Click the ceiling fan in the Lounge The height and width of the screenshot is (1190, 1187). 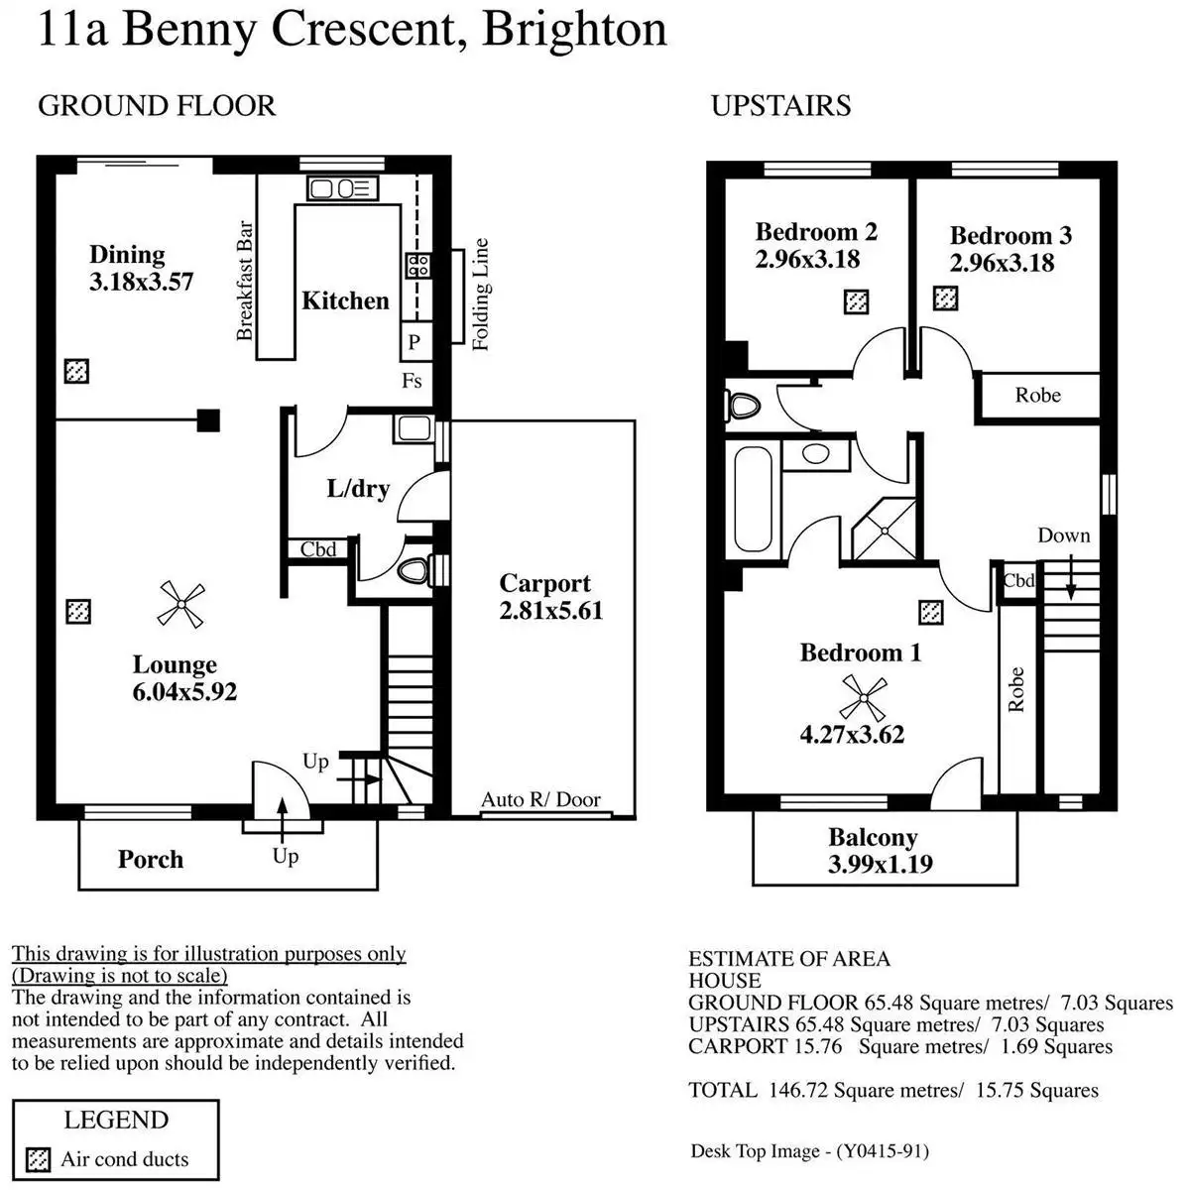click(x=181, y=604)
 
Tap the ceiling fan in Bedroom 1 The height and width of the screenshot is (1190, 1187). click(x=861, y=696)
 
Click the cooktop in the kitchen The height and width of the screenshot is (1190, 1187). click(x=416, y=265)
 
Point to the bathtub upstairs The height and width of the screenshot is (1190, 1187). click(x=753, y=499)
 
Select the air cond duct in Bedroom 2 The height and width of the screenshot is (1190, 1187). click(x=856, y=301)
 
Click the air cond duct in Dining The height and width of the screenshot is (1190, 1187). click(x=76, y=371)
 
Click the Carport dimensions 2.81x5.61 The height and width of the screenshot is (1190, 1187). click(x=550, y=611)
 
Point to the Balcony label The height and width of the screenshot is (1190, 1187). click(x=873, y=838)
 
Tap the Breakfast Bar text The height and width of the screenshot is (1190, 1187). click(x=246, y=281)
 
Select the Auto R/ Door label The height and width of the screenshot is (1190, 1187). click(x=540, y=799)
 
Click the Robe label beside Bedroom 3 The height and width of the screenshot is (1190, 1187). click(x=1038, y=396)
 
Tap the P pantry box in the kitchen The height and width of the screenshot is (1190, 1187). click(x=415, y=342)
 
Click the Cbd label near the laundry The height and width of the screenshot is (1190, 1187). click(x=318, y=549)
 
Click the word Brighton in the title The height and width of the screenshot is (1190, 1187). click(x=574, y=29)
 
